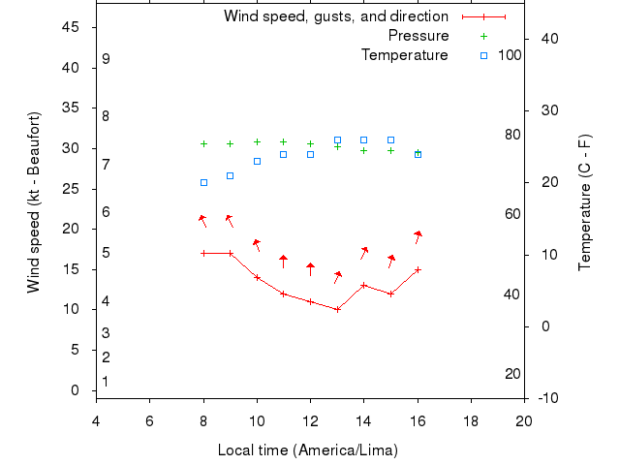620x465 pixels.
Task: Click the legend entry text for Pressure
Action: (x=418, y=36)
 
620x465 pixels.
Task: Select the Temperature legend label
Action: (x=405, y=55)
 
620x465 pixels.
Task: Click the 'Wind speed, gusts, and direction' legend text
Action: (x=336, y=16)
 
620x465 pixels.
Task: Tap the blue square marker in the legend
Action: (x=484, y=55)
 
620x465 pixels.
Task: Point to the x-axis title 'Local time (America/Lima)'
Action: (x=308, y=450)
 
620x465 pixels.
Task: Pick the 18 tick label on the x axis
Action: (x=471, y=420)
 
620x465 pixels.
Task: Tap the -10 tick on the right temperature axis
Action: (x=547, y=398)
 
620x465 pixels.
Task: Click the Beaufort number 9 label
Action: (x=106, y=59)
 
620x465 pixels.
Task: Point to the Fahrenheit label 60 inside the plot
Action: (x=512, y=214)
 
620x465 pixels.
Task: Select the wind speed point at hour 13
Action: (x=337, y=309)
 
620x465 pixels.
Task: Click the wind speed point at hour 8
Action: (x=203, y=253)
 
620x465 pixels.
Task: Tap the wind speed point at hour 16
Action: (x=418, y=269)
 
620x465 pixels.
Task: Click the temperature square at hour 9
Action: (x=231, y=175)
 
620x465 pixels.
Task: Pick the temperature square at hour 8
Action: (x=203, y=182)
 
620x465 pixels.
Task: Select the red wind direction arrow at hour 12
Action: (x=310, y=268)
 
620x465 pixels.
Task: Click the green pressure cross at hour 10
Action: (x=257, y=141)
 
